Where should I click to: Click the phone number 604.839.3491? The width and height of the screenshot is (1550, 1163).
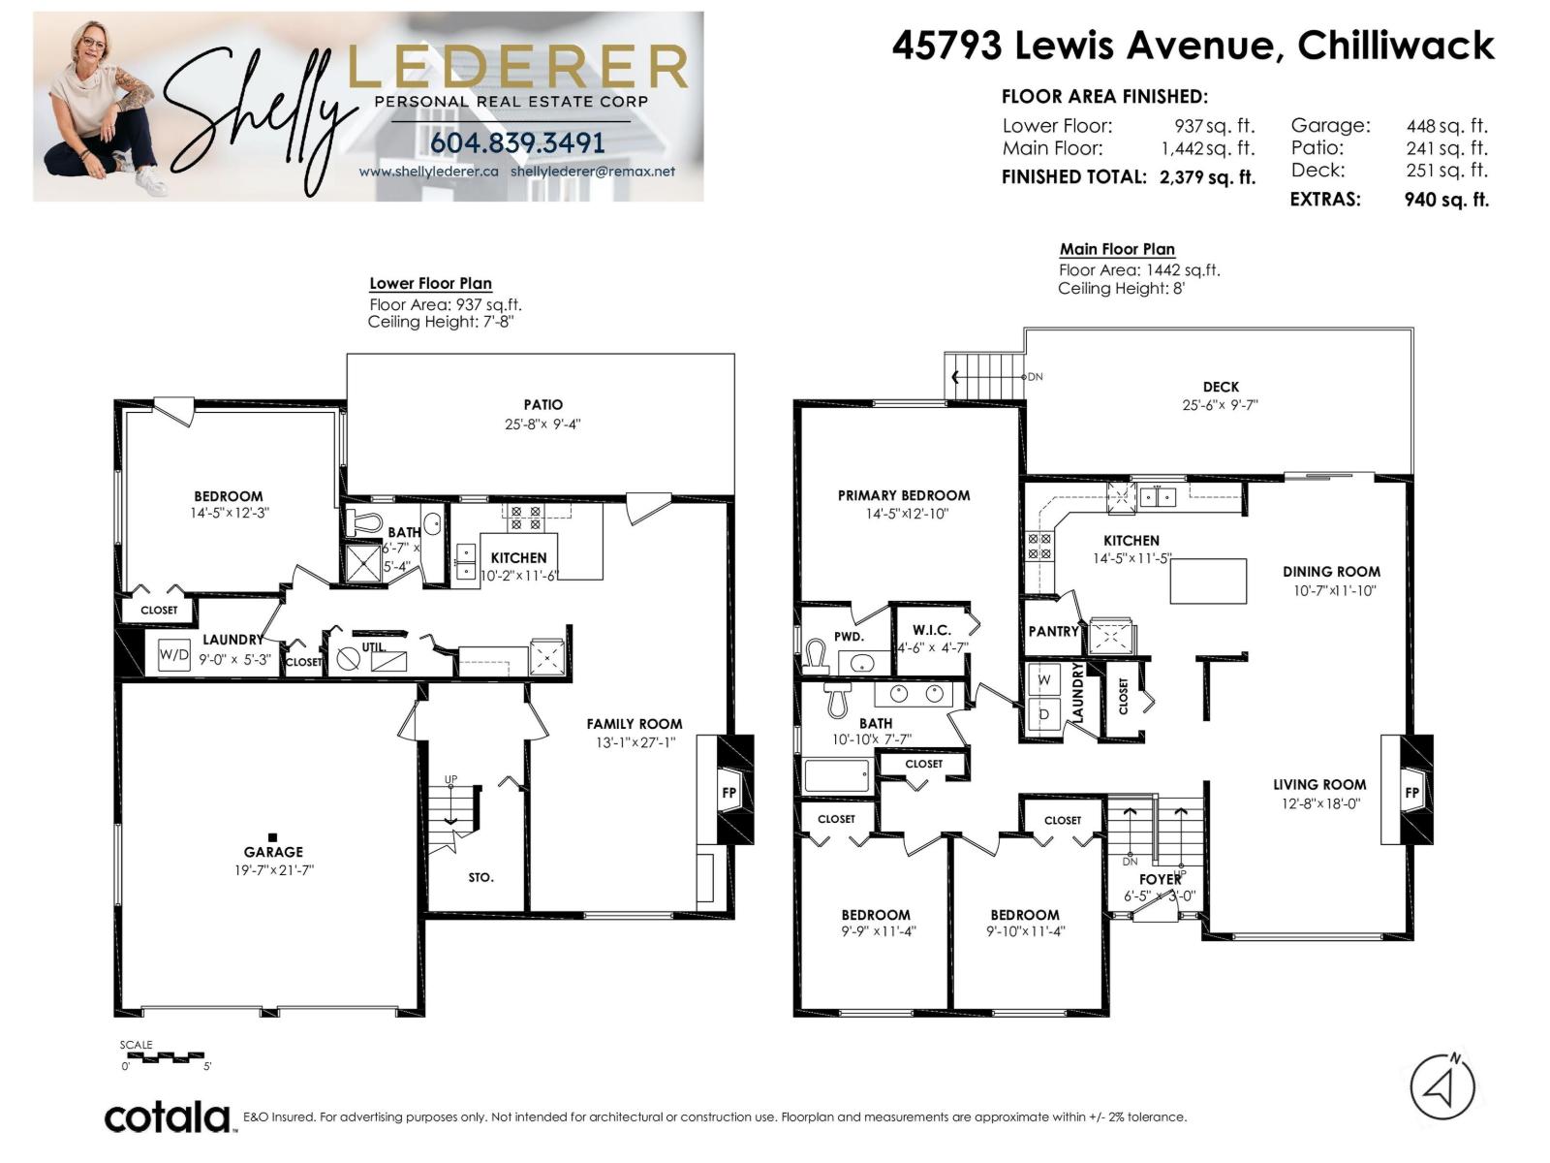(517, 143)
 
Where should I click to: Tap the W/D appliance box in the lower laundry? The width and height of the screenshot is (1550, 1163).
(173, 654)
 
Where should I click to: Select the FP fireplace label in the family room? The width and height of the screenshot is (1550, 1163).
(728, 792)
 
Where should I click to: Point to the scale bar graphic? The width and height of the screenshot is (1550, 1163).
(166, 1057)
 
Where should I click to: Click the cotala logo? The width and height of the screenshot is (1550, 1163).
(168, 1117)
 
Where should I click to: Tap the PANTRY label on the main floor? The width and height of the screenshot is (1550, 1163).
(1054, 631)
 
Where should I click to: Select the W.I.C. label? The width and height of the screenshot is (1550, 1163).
(931, 630)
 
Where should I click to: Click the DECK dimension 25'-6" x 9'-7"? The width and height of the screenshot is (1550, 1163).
(1221, 405)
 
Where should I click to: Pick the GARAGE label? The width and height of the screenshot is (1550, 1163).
(273, 852)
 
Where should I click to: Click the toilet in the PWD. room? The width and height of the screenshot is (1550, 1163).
(817, 656)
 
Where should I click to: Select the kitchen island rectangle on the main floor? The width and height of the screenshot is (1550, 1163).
(1208, 581)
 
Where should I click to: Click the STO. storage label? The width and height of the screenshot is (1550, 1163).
(480, 877)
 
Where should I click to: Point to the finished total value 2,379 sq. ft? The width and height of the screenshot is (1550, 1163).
(1207, 176)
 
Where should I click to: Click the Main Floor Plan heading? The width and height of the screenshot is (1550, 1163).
(1117, 249)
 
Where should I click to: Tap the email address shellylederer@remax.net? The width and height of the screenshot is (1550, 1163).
(593, 172)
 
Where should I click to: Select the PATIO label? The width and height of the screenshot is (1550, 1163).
(543, 404)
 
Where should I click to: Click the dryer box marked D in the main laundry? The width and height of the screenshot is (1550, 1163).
(1044, 715)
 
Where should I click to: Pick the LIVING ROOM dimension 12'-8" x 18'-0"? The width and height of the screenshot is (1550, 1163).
(1319, 803)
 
